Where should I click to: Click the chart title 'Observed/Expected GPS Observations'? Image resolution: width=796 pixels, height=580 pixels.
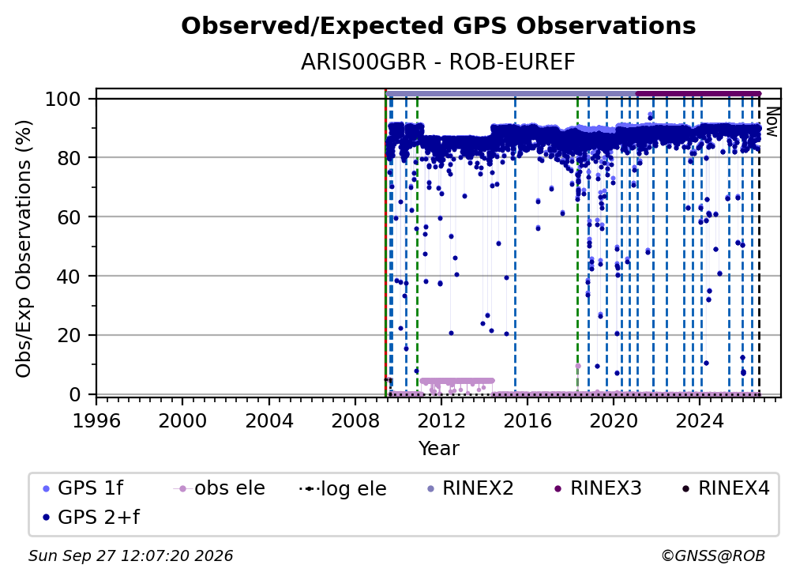(x=438, y=26)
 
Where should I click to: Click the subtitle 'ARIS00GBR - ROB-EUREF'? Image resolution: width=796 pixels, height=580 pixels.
(x=438, y=62)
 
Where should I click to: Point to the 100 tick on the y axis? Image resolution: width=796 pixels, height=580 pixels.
(x=63, y=99)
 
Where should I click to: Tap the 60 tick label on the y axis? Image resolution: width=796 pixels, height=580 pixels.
(x=69, y=217)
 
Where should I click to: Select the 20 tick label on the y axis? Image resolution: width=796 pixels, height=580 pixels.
(x=69, y=336)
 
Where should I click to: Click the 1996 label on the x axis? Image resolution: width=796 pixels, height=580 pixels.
(x=96, y=421)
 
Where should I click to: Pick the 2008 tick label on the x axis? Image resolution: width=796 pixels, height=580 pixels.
(x=355, y=421)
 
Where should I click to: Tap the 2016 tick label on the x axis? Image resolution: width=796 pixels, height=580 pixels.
(x=527, y=421)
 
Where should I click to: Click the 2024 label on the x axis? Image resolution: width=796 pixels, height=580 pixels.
(x=699, y=421)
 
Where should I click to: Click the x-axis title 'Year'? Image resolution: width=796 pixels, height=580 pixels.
(x=438, y=449)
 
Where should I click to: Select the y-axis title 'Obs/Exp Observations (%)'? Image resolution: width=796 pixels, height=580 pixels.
(x=24, y=249)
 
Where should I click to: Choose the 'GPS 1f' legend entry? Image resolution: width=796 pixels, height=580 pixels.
(x=83, y=488)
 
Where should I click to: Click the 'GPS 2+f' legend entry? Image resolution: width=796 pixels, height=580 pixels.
(x=91, y=518)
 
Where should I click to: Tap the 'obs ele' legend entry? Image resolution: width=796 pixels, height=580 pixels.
(x=220, y=488)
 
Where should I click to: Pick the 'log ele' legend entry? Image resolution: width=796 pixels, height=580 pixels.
(x=344, y=489)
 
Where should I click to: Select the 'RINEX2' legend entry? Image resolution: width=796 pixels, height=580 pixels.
(x=471, y=488)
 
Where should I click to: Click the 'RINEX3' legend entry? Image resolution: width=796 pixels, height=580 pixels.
(x=598, y=488)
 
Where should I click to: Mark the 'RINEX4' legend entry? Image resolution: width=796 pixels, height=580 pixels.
(x=726, y=488)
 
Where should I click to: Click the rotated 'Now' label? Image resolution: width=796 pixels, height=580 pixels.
(x=772, y=122)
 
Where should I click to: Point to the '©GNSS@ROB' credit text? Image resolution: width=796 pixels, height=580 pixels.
(x=713, y=556)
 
